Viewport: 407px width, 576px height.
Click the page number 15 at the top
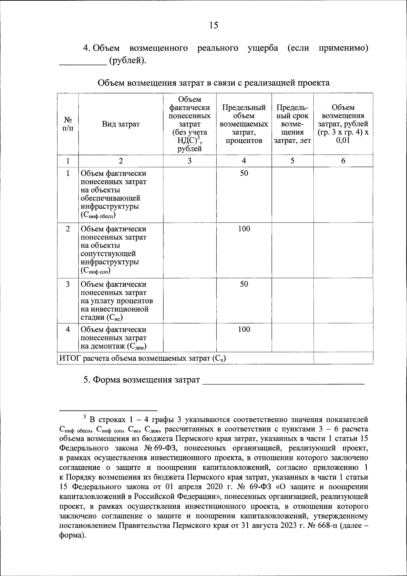click(x=214, y=25)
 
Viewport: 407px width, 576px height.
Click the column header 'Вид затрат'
click(x=121, y=124)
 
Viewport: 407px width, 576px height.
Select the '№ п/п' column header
click(x=68, y=124)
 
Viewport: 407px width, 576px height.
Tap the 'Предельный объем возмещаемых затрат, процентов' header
click(x=244, y=124)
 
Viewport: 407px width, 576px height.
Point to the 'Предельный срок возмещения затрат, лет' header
click(x=292, y=124)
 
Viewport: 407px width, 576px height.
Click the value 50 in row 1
click(x=244, y=174)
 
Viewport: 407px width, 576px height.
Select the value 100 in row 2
click(x=244, y=229)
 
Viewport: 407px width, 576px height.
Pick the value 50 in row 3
click(x=244, y=284)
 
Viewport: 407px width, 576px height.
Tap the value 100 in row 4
click(x=244, y=329)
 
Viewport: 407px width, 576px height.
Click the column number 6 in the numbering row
click(x=343, y=161)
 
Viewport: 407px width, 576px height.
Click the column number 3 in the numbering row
click(x=190, y=161)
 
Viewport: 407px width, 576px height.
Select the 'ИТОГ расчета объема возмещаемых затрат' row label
click(x=142, y=358)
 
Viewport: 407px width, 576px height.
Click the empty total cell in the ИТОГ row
click(x=343, y=358)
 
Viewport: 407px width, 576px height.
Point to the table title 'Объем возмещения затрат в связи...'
click(x=214, y=83)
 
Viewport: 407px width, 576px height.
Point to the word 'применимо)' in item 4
click(x=343, y=48)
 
